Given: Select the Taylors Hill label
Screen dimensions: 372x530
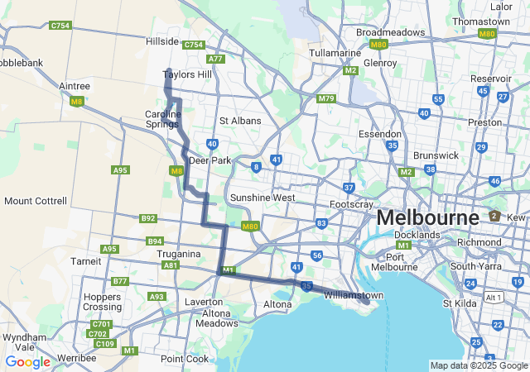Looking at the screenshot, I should (x=187, y=74).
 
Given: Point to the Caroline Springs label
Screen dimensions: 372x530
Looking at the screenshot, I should (x=162, y=119).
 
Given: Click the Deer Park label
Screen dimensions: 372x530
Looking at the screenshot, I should (x=210, y=160).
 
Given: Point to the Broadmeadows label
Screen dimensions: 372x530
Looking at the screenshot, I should (x=390, y=32).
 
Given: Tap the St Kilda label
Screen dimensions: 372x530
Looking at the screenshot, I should (x=458, y=303).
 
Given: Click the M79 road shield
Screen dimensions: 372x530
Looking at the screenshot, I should (x=326, y=98).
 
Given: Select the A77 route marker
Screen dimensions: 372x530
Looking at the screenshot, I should (x=216, y=59).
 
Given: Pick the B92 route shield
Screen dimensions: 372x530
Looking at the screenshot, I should (x=148, y=219).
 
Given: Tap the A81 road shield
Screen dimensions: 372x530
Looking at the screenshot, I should (x=171, y=265).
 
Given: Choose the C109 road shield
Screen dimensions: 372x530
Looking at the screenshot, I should (x=104, y=344).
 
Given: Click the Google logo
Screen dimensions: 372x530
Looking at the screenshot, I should (x=27, y=362).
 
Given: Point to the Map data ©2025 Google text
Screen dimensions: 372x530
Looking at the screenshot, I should (x=479, y=365).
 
